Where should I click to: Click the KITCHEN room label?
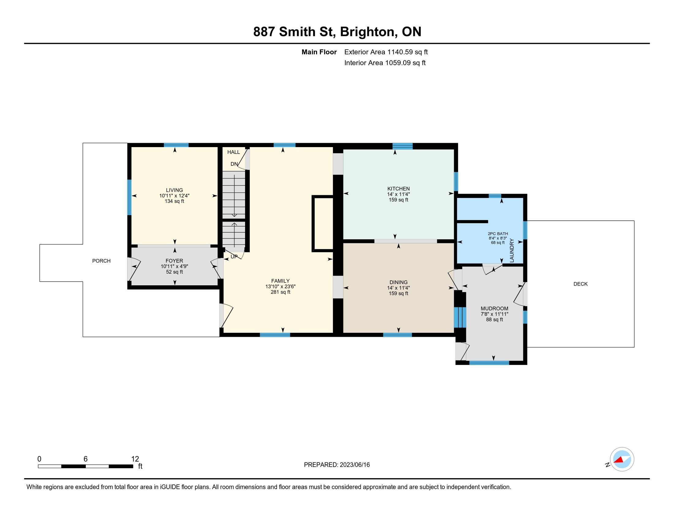point(398,188)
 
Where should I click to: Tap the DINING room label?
point(398,282)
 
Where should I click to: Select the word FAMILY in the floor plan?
point(280,281)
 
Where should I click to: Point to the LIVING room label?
point(174,190)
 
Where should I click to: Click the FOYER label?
point(174,261)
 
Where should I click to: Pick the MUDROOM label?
point(494,308)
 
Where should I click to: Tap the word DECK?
point(581,284)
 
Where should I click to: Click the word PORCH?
point(101,261)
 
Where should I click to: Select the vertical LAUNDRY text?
point(512,251)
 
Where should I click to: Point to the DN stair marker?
point(234,164)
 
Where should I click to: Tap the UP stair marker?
point(234,257)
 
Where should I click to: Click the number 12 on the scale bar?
point(135,459)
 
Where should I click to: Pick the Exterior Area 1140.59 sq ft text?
point(386,52)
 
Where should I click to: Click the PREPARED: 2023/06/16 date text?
point(337,465)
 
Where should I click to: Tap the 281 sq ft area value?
point(280,292)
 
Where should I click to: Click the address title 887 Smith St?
point(294,32)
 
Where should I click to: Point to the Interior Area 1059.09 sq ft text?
point(385,63)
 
